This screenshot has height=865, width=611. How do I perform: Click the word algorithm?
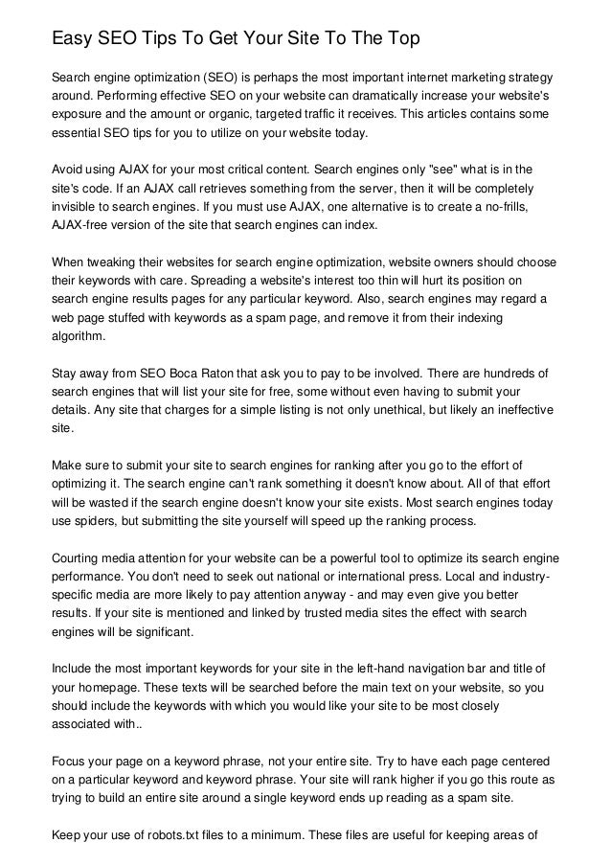click(81, 337)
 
